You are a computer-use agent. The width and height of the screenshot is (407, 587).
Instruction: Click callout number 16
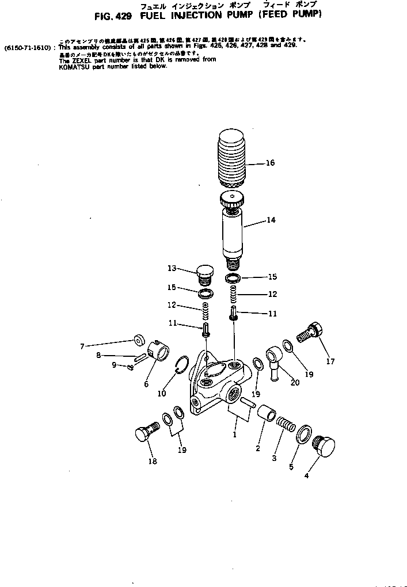click(x=270, y=163)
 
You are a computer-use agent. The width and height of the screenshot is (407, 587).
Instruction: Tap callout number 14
click(x=271, y=220)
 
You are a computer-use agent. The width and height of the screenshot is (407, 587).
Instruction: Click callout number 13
click(x=172, y=268)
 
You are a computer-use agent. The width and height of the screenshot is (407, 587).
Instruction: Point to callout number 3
click(x=274, y=458)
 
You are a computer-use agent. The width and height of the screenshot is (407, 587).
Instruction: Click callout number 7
click(x=82, y=346)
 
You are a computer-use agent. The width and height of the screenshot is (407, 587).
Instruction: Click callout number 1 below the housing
click(x=234, y=434)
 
